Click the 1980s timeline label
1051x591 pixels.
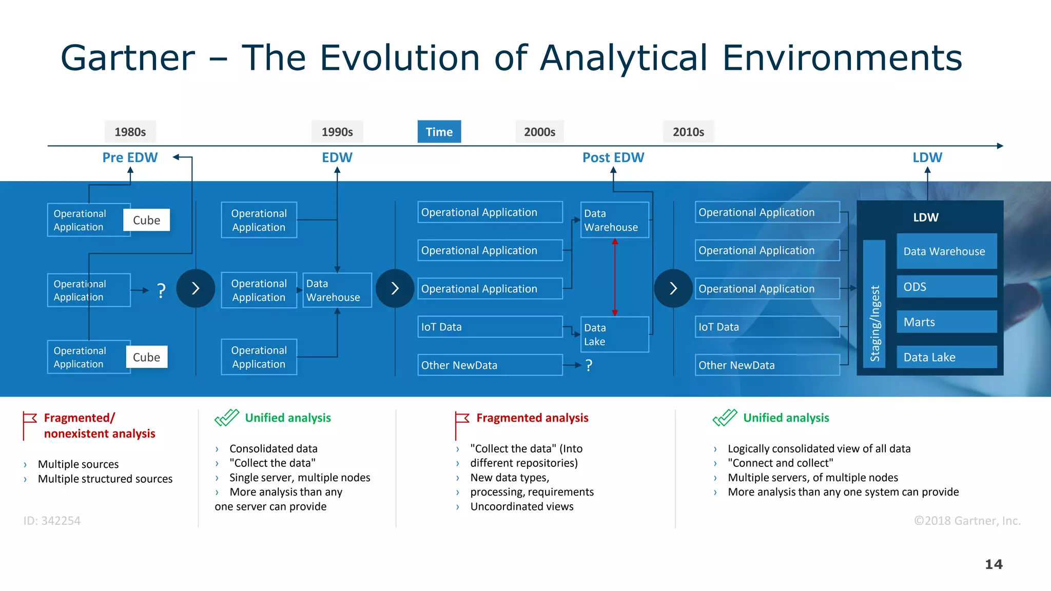[x=130, y=132]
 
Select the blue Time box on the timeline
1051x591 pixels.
[x=439, y=132]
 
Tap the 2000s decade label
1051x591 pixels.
[x=539, y=132]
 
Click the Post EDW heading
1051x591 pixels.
[x=613, y=157]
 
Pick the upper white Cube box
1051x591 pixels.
[x=146, y=220]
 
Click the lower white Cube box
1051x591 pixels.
[x=146, y=357]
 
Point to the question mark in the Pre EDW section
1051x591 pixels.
[x=161, y=291]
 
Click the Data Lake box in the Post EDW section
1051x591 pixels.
[x=614, y=334]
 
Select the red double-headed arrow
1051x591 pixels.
[x=614, y=277]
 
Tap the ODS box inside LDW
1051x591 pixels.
[x=946, y=287]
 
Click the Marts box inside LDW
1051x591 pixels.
[x=946, y=322]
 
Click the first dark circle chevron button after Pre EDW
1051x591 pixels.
[x=196, y=288]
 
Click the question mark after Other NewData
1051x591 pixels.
[x=589, y=365]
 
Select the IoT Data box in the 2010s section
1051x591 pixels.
[x=767, y=327]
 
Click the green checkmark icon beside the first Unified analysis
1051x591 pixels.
[x=226, y=418]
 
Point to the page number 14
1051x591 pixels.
[x=994, y=564]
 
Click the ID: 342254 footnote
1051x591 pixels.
[x=52, y=521]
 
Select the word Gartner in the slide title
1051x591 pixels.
[x=128, y=57]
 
